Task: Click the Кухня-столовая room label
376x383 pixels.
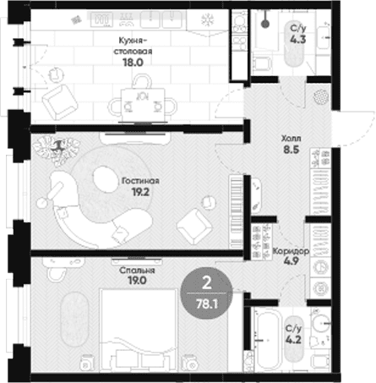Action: coord(133,46)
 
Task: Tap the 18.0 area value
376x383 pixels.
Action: coord(133,63)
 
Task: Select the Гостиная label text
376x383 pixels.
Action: coord(140,181)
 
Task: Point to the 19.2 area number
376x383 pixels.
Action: coord(140,192)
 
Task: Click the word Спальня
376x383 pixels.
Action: coord(137,271)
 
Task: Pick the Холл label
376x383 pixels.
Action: coord(292,139)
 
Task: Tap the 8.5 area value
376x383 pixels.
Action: coord(292,150)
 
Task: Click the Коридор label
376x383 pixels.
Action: coord(291,250)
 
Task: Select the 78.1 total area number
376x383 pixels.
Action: coord(207,304)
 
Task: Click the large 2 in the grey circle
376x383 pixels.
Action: coord(207,282)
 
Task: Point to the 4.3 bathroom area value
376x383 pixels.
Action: coord(298,40)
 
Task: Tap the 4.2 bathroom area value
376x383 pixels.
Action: coord(293,340)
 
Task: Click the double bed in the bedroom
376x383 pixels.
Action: coord(139,330)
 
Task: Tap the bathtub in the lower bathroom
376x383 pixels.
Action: coord(268,339)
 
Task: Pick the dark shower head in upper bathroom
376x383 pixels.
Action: coord(265,24)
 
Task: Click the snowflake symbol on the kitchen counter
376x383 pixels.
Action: coord(208,20)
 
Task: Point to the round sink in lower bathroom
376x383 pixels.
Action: coord(320,323)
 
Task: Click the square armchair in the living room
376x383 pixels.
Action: coord(194,227)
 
